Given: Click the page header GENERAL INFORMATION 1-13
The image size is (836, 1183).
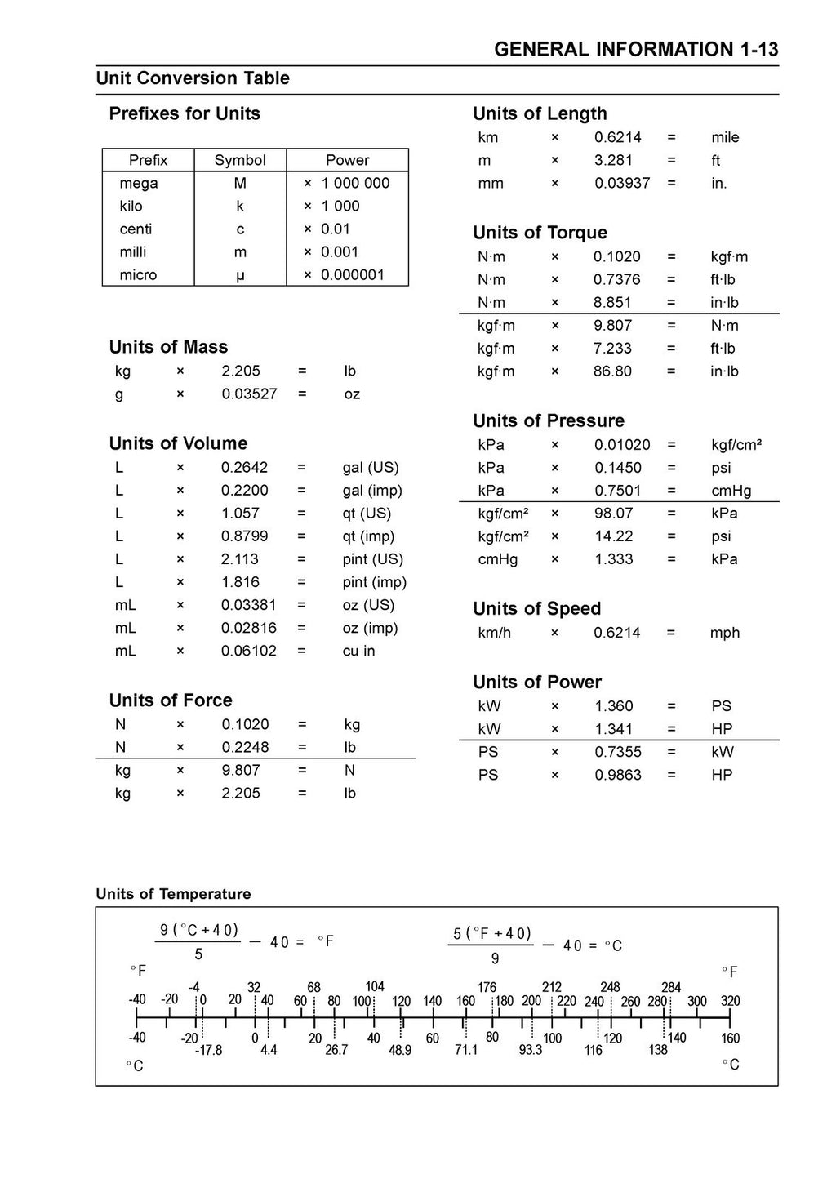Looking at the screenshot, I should (636, 50).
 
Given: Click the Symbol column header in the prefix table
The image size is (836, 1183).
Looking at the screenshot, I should (240, 160).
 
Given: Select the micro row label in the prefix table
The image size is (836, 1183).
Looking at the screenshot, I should (138, 275).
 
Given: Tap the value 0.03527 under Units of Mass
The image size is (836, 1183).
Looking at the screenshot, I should (249, 394).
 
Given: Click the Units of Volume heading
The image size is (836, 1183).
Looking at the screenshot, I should (178, 443).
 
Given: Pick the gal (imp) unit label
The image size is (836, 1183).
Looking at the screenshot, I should (372, 491).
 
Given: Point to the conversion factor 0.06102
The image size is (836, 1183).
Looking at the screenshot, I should (249, 651).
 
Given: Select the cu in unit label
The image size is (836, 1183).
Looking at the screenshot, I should (358, 651).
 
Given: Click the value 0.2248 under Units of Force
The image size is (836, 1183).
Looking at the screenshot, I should (245, 747).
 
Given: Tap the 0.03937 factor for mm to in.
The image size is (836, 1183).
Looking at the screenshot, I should (622, 184).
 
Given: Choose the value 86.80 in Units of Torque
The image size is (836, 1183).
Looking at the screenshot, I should (612, 371).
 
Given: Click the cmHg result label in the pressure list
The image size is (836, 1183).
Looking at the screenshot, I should (731, 491).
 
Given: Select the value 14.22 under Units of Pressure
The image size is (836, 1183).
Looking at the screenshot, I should (612, 536).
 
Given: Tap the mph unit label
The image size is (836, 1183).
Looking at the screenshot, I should (725, 633).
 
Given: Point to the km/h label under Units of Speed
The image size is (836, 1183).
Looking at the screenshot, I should (495, 633).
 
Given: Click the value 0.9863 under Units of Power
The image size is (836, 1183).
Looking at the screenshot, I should (617, 775).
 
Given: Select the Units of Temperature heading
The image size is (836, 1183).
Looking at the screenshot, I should (173, 894).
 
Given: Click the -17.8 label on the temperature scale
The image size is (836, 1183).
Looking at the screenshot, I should (208, 1051).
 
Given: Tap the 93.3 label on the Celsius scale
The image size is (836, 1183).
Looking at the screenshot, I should (531, 1050).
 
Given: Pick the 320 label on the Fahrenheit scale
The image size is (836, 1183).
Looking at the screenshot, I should (730, 1002).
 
